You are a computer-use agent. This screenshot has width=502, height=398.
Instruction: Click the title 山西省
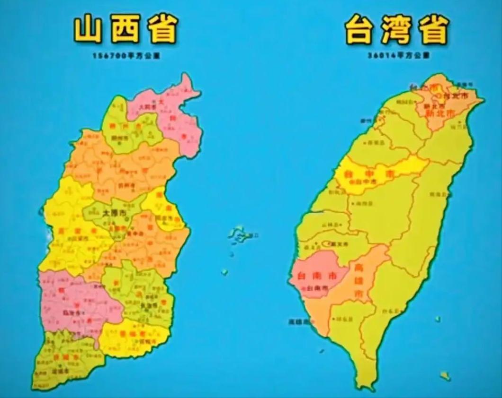click(x=125, y=30)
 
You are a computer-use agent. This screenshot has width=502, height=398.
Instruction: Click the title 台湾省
click(x=397, y=30)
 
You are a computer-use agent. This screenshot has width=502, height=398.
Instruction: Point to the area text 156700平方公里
click(x=125, y=55)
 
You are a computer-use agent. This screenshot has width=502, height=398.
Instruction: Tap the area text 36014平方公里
click(x=398, y=55)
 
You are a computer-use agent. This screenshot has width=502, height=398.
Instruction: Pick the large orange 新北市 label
click(x=440, y=114)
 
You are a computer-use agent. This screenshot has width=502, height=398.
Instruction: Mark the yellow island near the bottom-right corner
click(x=445, y=376)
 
